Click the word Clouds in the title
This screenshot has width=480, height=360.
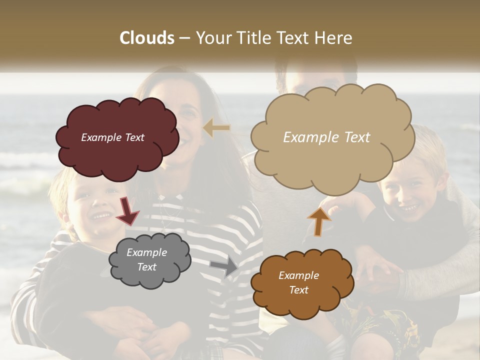[147, 38]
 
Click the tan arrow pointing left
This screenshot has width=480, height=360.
[216, 128]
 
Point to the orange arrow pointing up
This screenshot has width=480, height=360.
[319, 221]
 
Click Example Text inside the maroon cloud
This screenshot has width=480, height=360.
[112, 137]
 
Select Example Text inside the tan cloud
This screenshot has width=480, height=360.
[326, 137]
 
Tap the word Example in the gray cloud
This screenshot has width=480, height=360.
[146, 252]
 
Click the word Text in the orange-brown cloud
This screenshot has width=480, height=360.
[298, 290]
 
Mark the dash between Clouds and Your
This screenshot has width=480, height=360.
[184, 38]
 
